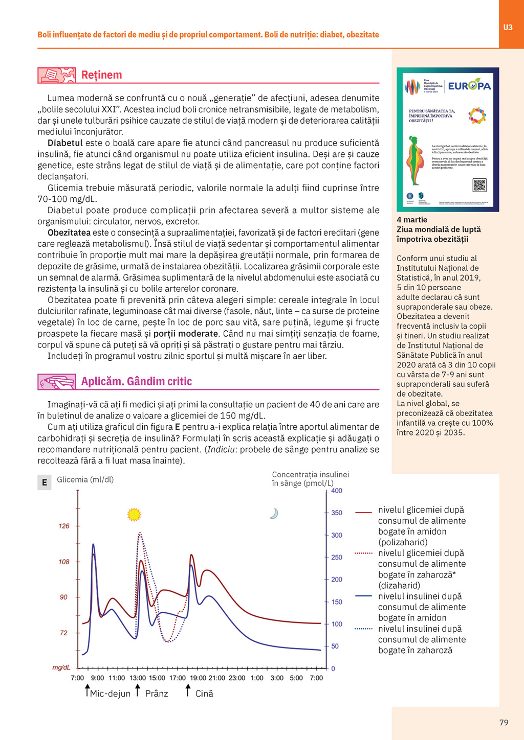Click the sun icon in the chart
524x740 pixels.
[134, 514]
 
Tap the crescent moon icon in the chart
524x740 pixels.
[274, 513]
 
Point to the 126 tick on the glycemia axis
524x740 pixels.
[64, 526]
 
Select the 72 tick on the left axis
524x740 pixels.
[63, 633]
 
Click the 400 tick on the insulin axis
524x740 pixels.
[337, 491]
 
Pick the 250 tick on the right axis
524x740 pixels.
[337, 557]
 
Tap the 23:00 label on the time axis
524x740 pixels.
[237, 678]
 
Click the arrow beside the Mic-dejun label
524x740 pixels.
[88, 690]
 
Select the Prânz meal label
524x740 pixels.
[157, 693]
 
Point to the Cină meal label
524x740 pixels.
[204, 693]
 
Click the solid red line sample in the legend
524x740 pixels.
[363, 512]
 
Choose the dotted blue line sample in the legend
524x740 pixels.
[363, 629]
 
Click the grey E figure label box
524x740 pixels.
[45, 482]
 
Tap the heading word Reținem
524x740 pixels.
[101, 75]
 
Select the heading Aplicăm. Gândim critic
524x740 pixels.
[137, 381]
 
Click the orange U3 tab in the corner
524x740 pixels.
[508, 27]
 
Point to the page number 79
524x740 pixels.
[504, 723]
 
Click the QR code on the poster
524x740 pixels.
[479, 185]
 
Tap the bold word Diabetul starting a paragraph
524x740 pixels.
[65, 143]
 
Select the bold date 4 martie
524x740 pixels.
[412, 220]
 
